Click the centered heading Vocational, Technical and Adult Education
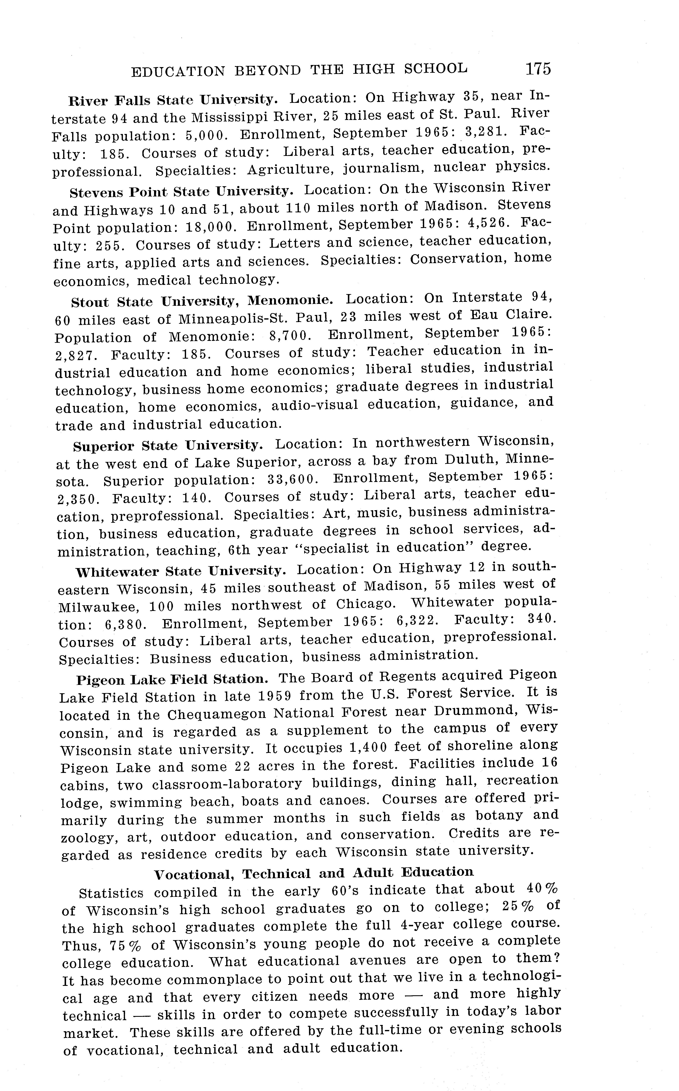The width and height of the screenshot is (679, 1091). point(313,873)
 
